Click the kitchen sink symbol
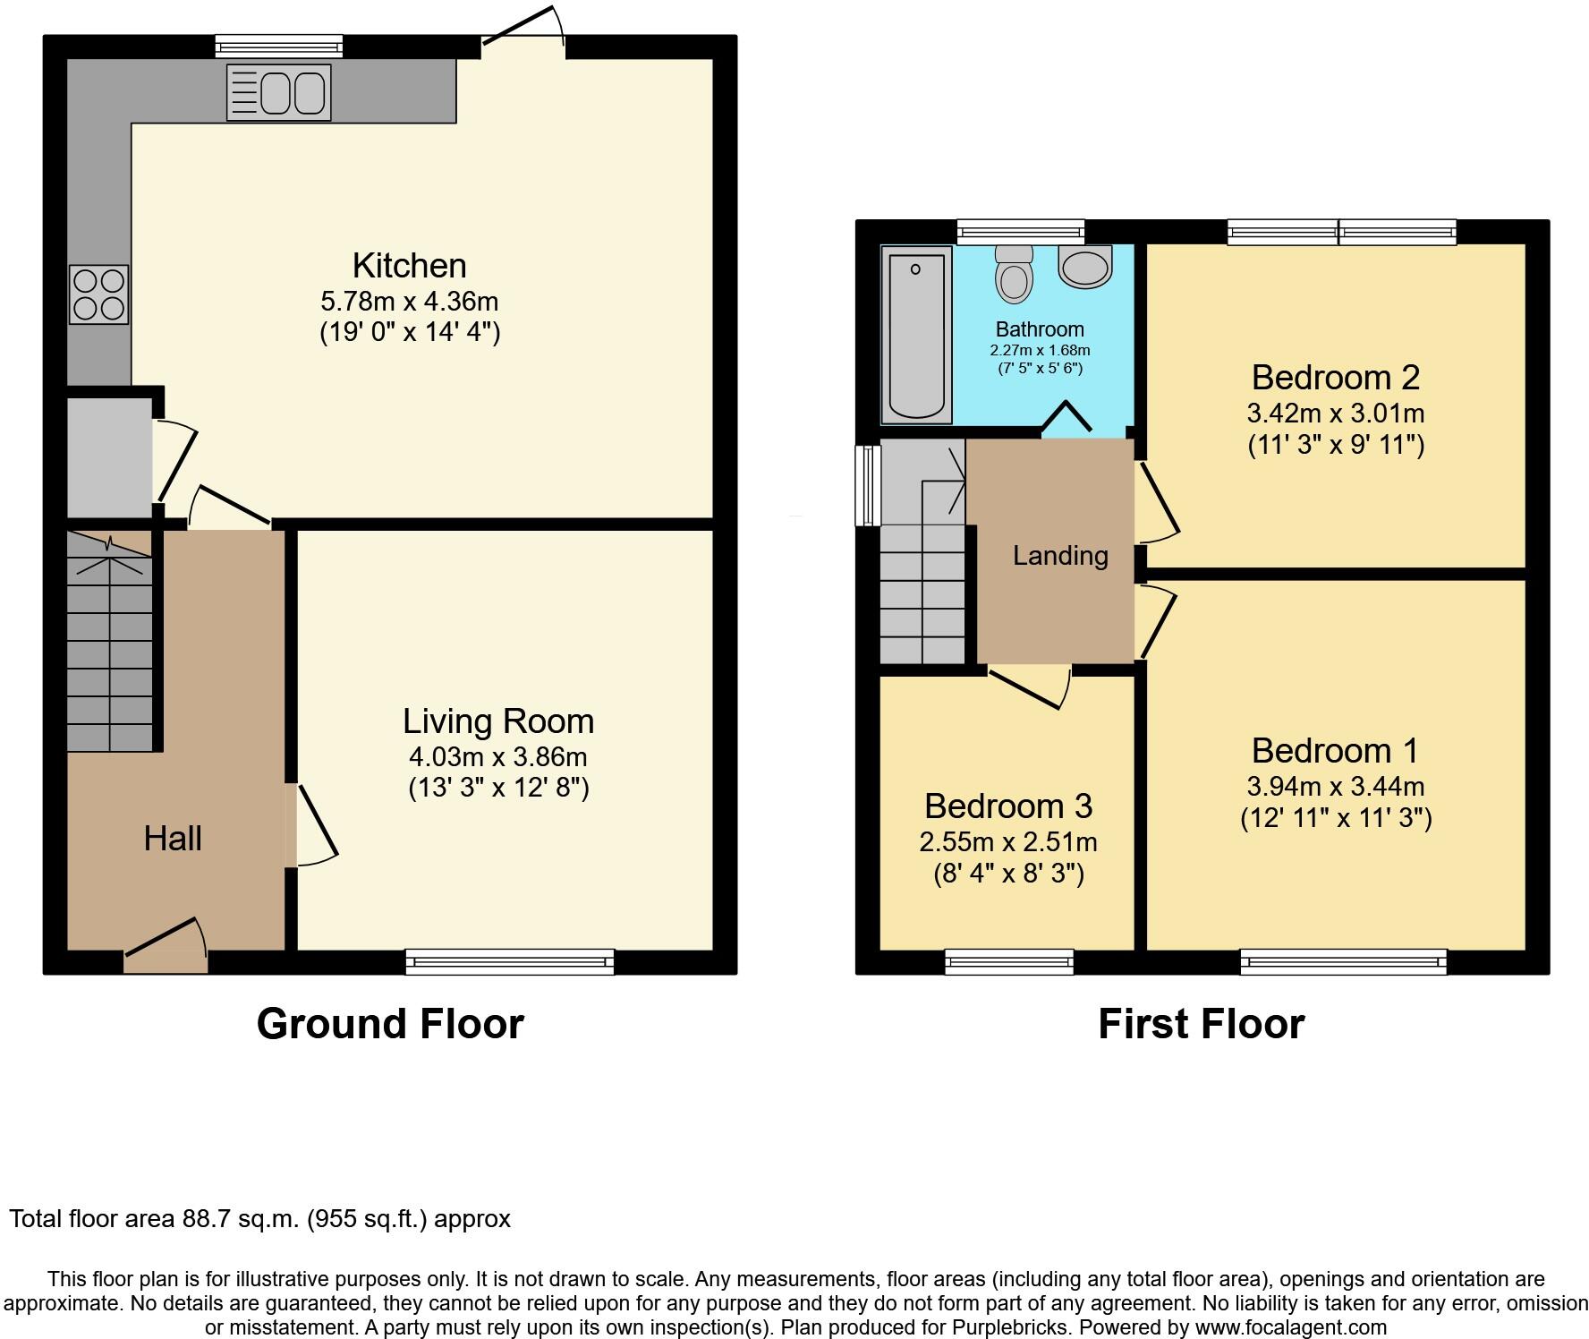278,92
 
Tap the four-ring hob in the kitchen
98,294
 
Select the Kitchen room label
409,266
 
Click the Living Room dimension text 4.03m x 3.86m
497,757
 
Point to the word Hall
173,839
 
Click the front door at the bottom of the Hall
166,950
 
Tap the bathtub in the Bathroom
915,334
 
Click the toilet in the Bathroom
1013,273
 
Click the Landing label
1060,556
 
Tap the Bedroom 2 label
1335,378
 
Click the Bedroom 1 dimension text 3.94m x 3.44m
1335,787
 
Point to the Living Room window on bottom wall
510,962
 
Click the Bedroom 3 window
1009,962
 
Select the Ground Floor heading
390,1024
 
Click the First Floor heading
1201,1024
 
